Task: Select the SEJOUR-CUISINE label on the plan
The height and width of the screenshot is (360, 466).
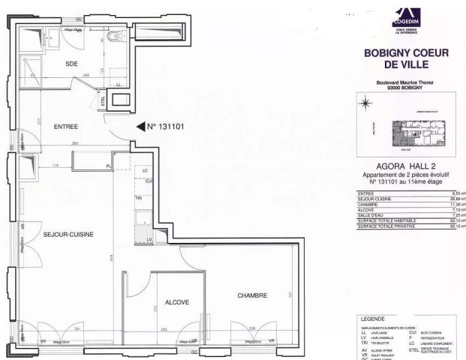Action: point(67,235)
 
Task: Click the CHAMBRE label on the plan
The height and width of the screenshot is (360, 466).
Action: point(252,295)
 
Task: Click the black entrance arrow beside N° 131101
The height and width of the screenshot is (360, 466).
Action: point(140,127)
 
